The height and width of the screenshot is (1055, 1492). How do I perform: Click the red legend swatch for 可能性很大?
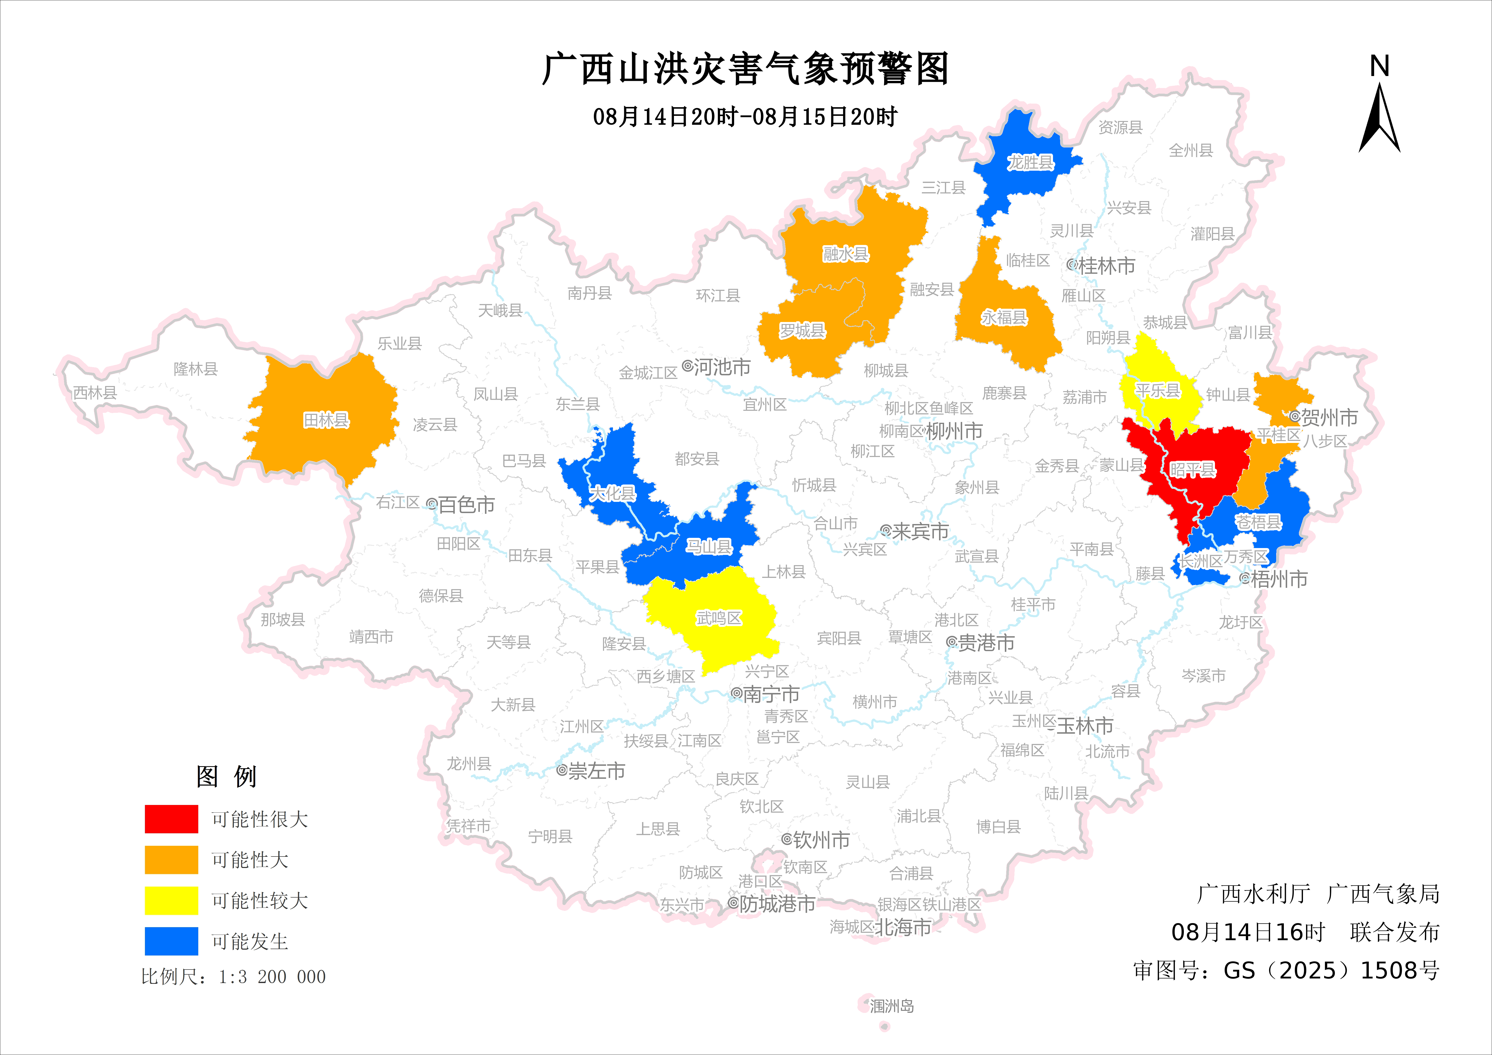(x=171, y=818)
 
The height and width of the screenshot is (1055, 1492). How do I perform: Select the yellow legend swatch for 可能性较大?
(x=171, y=900)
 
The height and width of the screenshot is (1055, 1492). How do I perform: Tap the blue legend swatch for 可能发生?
(x=171, y=941)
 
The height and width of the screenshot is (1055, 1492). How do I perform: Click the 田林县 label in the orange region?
(x=326, y=420)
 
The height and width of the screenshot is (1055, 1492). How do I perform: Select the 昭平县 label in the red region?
(x=1193, y=469)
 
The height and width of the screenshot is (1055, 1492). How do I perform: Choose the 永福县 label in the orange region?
(x=1004, y=317)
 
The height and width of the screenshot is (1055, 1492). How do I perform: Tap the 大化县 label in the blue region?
(x=612, y=493)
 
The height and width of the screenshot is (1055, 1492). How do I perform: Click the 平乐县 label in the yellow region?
(x=1157, y=391)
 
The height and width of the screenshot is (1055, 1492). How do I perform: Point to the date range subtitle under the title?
(x=745, y=117)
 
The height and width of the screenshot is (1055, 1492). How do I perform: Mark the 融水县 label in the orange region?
(x=845, y=254)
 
